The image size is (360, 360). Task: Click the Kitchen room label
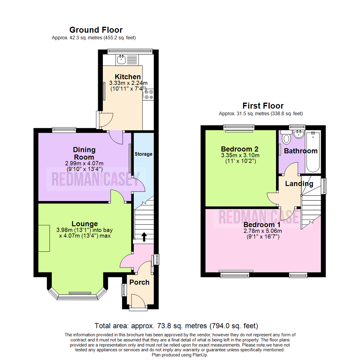tap(128, 77)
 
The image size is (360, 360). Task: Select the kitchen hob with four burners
tap(149, 94)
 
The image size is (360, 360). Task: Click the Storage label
tap(143, 154)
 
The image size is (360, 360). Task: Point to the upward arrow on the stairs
tap(144, 237)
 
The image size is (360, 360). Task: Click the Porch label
tap(139, 282)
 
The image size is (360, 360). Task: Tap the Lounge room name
tap(85, 224)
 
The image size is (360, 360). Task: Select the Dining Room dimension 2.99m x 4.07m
tap(84, 163)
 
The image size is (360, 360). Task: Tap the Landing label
tap(299, 184)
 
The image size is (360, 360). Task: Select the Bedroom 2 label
tap(240, 149)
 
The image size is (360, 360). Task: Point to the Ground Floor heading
tap(96, 30)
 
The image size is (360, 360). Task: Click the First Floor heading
tap(263, 106)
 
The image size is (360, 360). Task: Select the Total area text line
tap(176, 325)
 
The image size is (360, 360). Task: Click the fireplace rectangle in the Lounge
tap(44, 238)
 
